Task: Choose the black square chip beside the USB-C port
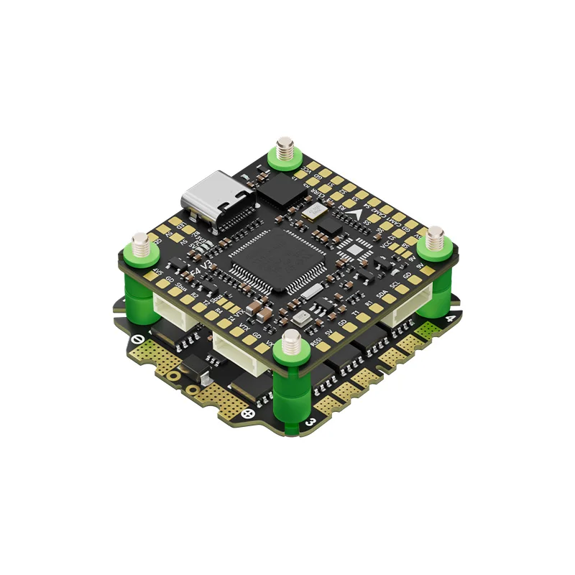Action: point(277,188)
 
